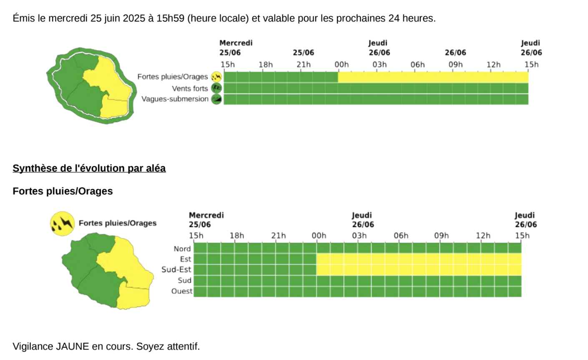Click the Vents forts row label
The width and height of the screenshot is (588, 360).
click(190, 88)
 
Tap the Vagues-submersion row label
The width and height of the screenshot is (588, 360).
click(175, 99)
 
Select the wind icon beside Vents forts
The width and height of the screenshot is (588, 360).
click(216, 88)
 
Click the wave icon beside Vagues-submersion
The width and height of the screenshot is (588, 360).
click(216, 99)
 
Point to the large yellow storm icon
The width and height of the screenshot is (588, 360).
click(62, 223)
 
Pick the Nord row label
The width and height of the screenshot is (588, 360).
click(182, 249)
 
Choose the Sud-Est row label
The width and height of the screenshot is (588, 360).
click(176, 270)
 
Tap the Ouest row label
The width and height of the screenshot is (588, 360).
click(182, 291)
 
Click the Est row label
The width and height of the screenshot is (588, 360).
click(186, 259)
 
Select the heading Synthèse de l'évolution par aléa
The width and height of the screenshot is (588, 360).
click(89, 168)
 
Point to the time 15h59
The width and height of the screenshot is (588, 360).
click(171, 18)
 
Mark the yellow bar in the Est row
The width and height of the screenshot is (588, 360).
click(419, 259)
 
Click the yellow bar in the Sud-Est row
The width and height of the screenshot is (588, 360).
click(419, 270)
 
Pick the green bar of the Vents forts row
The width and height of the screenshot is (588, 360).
click(376, 88)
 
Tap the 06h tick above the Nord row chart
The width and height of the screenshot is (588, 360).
click(401, 236)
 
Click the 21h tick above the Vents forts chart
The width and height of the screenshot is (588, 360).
click(304, 65)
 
